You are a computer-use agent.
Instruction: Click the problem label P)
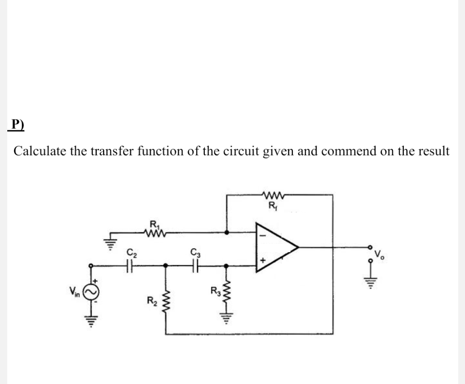coord(16,125)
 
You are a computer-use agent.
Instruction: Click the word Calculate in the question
coord(40,151)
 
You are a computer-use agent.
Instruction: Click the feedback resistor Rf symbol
coord(273,196)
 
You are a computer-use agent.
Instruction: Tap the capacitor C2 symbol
coord(131,264)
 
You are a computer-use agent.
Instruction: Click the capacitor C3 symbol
coord(196,264)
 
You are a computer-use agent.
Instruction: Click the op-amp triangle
coord(275,247)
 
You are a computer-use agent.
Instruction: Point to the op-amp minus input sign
coord(261,236)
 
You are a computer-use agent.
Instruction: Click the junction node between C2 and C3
coord(165,264)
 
